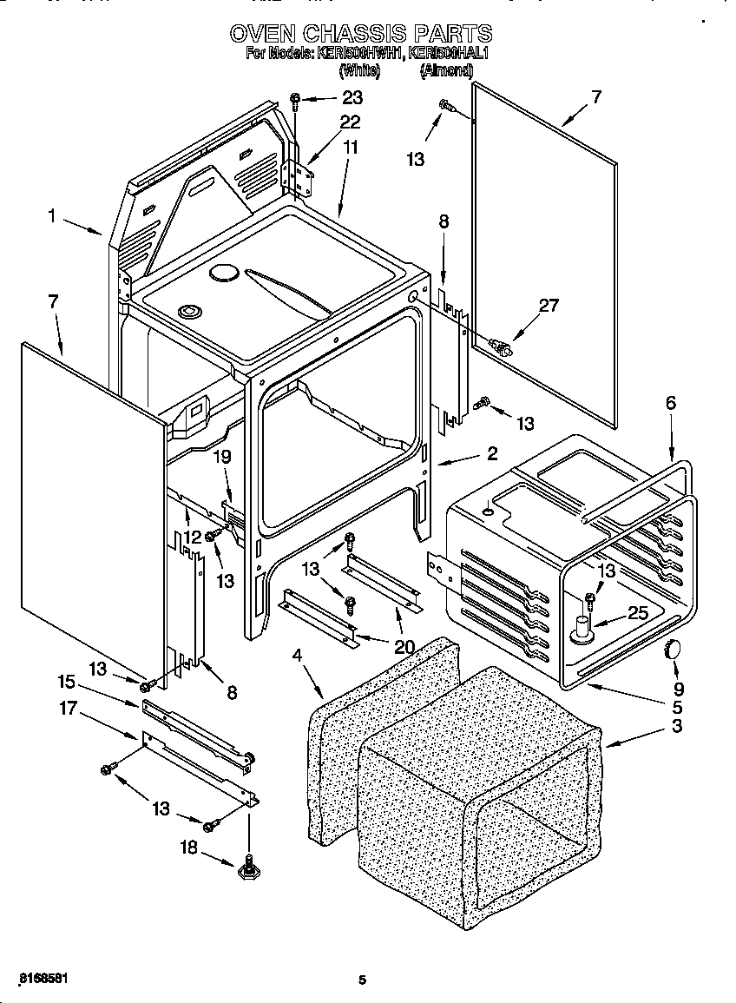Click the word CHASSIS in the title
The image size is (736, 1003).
coord(359,34)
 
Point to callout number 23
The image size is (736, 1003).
coord(352,97)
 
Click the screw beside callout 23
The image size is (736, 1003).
coord(296,101)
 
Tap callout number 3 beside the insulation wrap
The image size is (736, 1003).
coord(676,725)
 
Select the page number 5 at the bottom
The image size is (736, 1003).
coord(363,980)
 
